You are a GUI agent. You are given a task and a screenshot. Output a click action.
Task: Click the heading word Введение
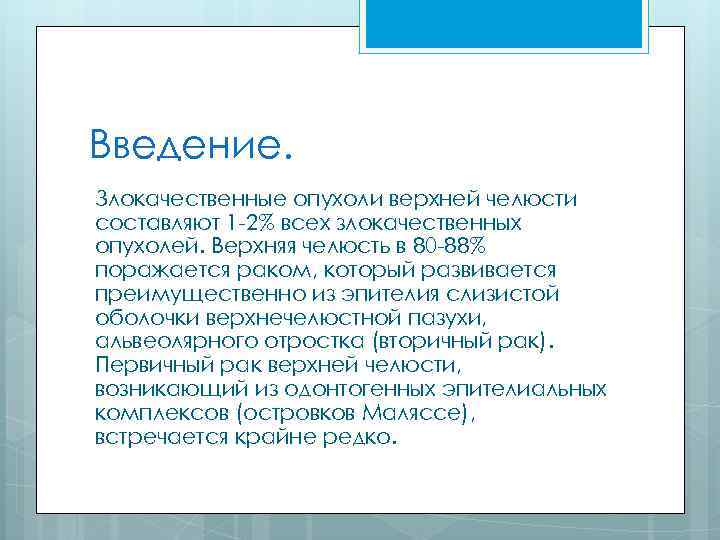pyautogui.click(x=190, y=146)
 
